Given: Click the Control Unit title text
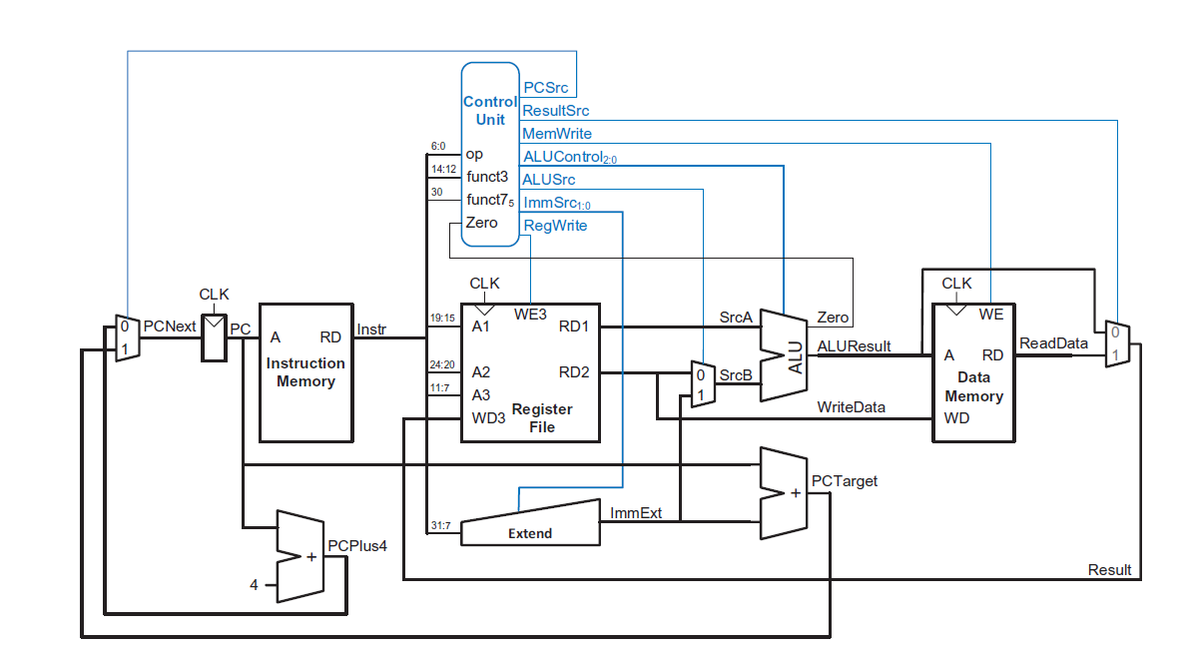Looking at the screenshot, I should [490, 111].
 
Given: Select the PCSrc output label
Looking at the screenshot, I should [546, 89].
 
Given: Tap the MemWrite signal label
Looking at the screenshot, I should [557, 134].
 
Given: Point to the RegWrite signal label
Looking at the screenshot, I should [555, 226].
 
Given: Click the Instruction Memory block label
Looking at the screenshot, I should [305, 372].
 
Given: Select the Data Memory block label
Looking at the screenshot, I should [973, 386].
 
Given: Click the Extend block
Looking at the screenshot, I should [530, 526].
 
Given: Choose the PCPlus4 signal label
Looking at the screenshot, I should [356, 545].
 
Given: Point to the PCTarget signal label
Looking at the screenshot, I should [845, 481].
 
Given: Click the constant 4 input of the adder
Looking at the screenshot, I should [255, 584].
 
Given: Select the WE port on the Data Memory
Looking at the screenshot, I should [990, 314].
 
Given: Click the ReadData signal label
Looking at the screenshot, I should [1053, 343].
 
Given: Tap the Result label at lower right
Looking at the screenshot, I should [1109, 570].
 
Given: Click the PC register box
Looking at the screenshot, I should [213, 337].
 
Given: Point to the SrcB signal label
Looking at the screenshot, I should [734, 375].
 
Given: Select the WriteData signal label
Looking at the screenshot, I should [851, 407].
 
